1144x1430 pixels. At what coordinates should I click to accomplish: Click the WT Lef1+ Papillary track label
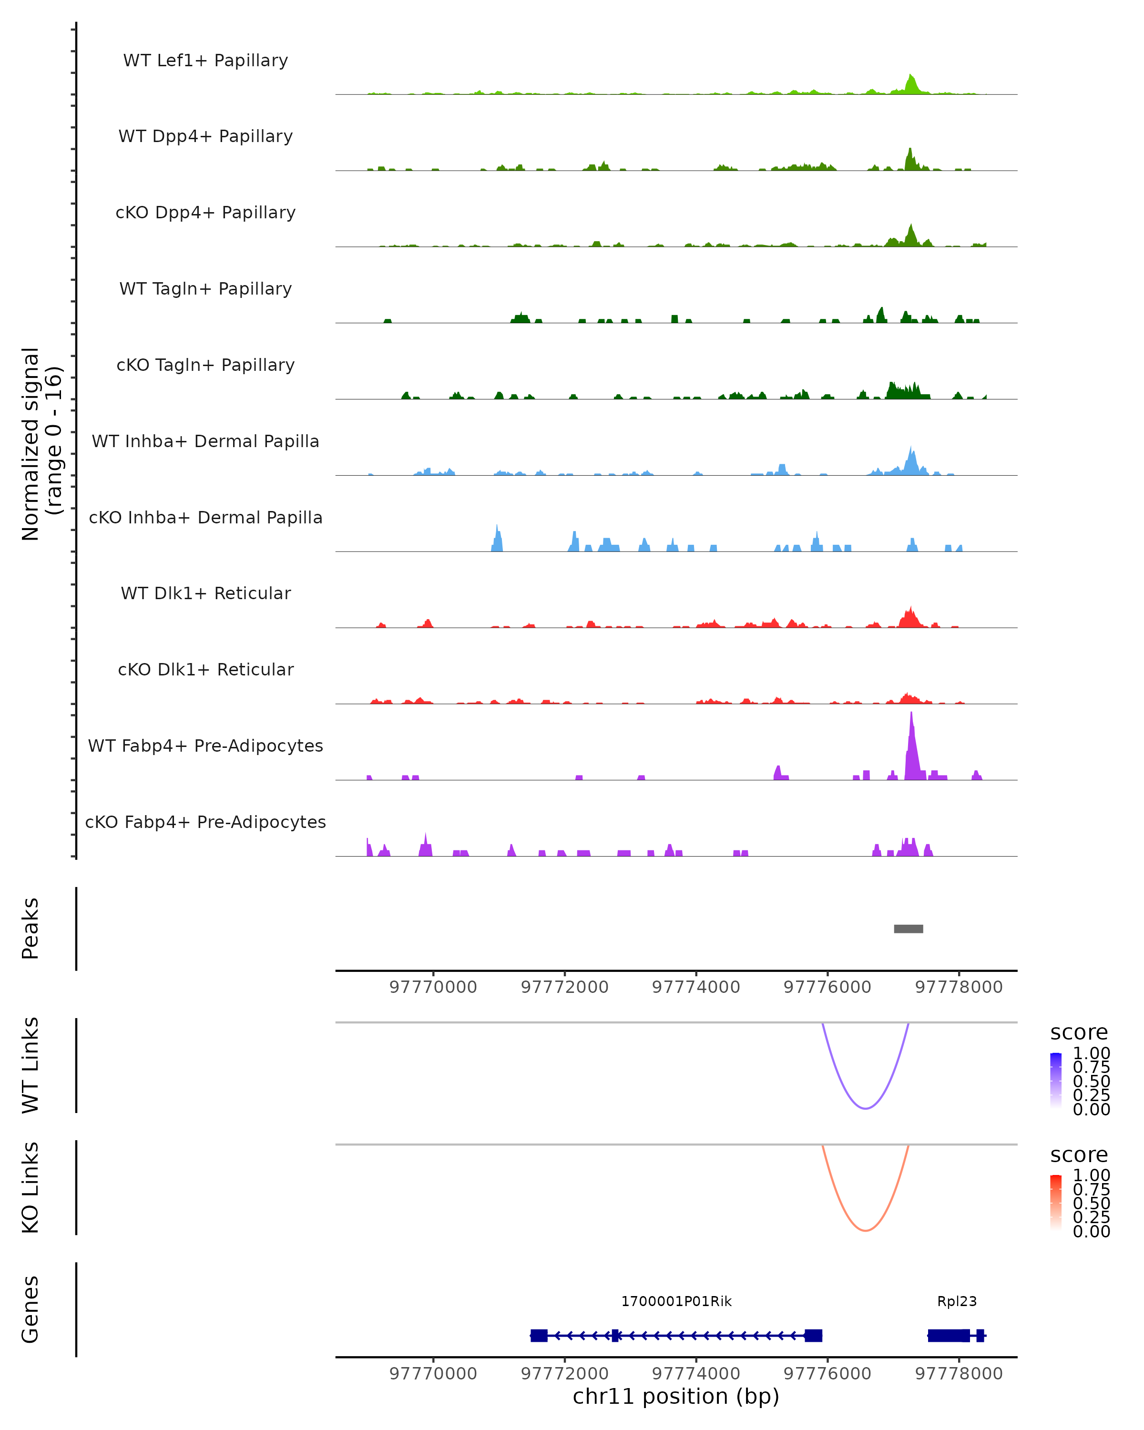coord(205,61)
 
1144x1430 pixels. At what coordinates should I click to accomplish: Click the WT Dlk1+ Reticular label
coord(205,593)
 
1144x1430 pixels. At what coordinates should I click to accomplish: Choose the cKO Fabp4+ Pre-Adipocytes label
coord(205,822)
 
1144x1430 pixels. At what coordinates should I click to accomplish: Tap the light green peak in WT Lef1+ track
coord(912,85)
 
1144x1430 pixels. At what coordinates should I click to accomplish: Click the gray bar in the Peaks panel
coord(908,929)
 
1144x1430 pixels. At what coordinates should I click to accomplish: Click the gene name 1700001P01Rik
coord(676,1301)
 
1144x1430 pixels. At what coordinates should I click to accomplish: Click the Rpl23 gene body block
coord(949,1335)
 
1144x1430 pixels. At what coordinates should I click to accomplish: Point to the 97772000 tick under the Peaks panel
coord(564,987)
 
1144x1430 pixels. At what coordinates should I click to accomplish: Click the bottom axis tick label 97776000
coord(827,1374)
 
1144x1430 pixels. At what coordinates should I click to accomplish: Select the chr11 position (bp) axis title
coord(676,1396)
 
